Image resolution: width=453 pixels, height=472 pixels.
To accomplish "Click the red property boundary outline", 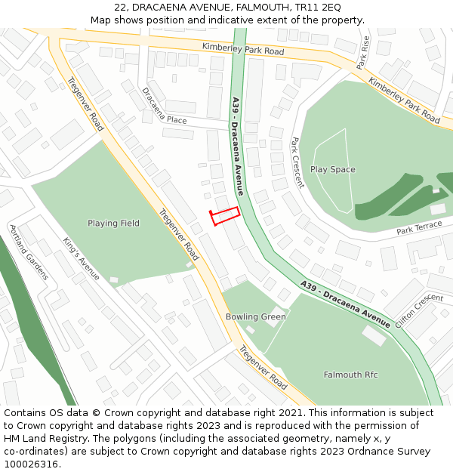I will click(225, 216).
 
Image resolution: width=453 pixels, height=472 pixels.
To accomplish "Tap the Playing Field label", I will click(113, 223).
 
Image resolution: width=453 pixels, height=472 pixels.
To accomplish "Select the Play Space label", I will click(332, 170).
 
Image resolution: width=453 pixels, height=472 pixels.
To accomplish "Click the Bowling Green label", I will click(256, 316).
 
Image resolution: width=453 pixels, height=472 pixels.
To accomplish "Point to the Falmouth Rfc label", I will click(350, 375).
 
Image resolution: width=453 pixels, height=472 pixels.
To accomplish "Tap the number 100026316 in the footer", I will click(31, 464).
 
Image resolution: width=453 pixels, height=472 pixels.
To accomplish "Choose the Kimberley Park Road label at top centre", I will click(242, 50).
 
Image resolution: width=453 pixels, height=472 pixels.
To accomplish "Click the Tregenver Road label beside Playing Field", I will click(179, 234).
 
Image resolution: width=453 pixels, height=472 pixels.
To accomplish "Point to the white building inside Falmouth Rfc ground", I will click(373, 335).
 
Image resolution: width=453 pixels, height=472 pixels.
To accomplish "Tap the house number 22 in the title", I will click(120, 8).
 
